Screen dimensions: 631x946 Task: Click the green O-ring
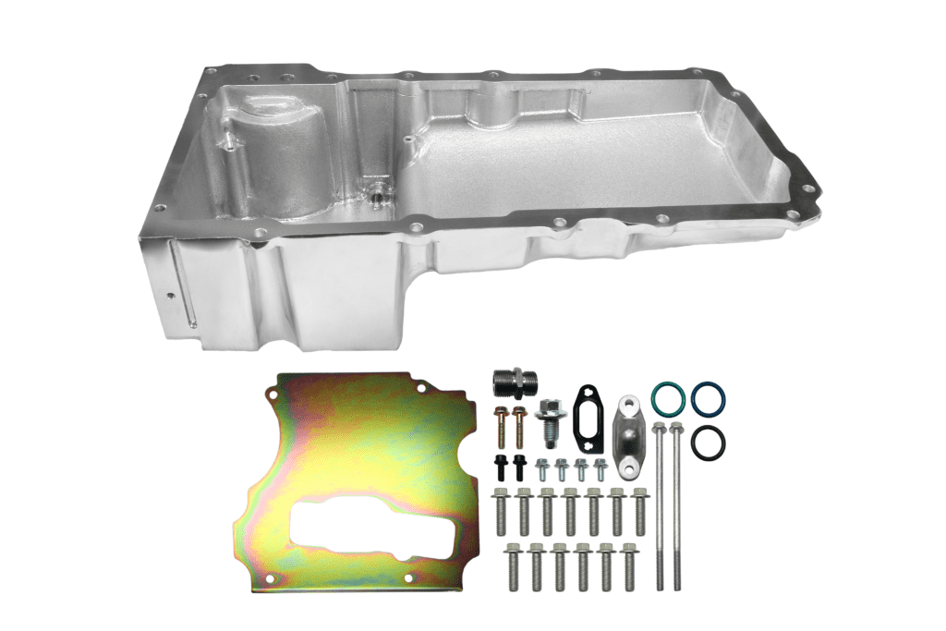(x=668, y=398)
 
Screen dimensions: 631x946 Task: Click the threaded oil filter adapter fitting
(x=514, y=380)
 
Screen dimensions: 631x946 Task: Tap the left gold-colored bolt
(x=501, y=424)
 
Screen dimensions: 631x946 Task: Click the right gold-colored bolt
(x=519, y=424)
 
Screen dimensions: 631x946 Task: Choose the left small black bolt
(x=500, y=465)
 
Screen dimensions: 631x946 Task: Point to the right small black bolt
(x=519, y=465)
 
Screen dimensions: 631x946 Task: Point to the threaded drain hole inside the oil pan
(x=377, y=196)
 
